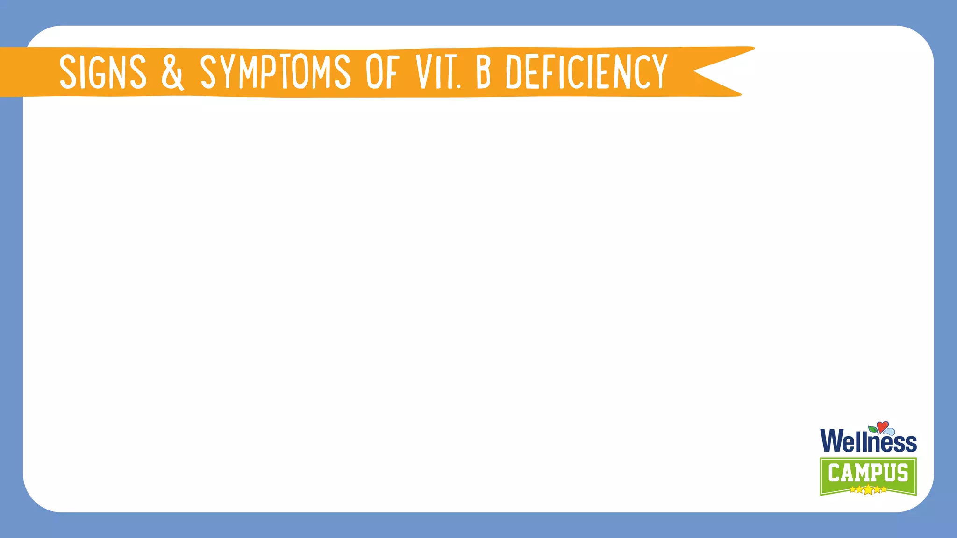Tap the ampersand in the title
pyautogui.click(x=172, y=72)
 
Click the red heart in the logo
pyautogui.click(x=882, y=426)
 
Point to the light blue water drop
pyautogui.click(x=889, y=431)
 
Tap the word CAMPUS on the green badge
pyautogui.click(x=868, y=473)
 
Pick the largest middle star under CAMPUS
pyautogui.click(x=868, y=490)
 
